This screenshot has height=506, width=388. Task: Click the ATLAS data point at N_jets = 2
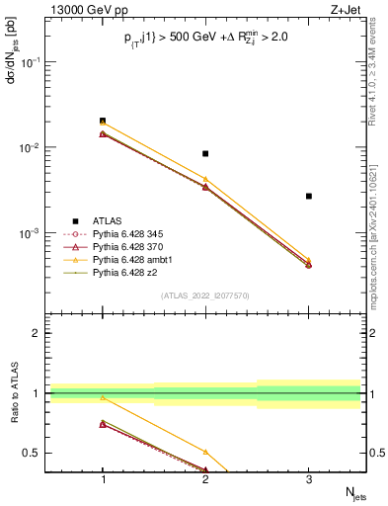pyautogui.click(x=204, y=153)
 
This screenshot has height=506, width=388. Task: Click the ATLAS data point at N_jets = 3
pyautogui.click(x=308, y=196)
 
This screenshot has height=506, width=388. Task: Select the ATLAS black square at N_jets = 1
pyautogui.click(x=102, y=121)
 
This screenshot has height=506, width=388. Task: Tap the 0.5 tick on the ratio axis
pyautogui.click(x=39, y=453)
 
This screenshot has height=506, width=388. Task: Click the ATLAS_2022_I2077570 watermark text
pyautogui.click(x=204, y=295)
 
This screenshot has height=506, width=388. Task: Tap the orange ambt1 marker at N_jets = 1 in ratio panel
pyautogui.click(x=102, y=397)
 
